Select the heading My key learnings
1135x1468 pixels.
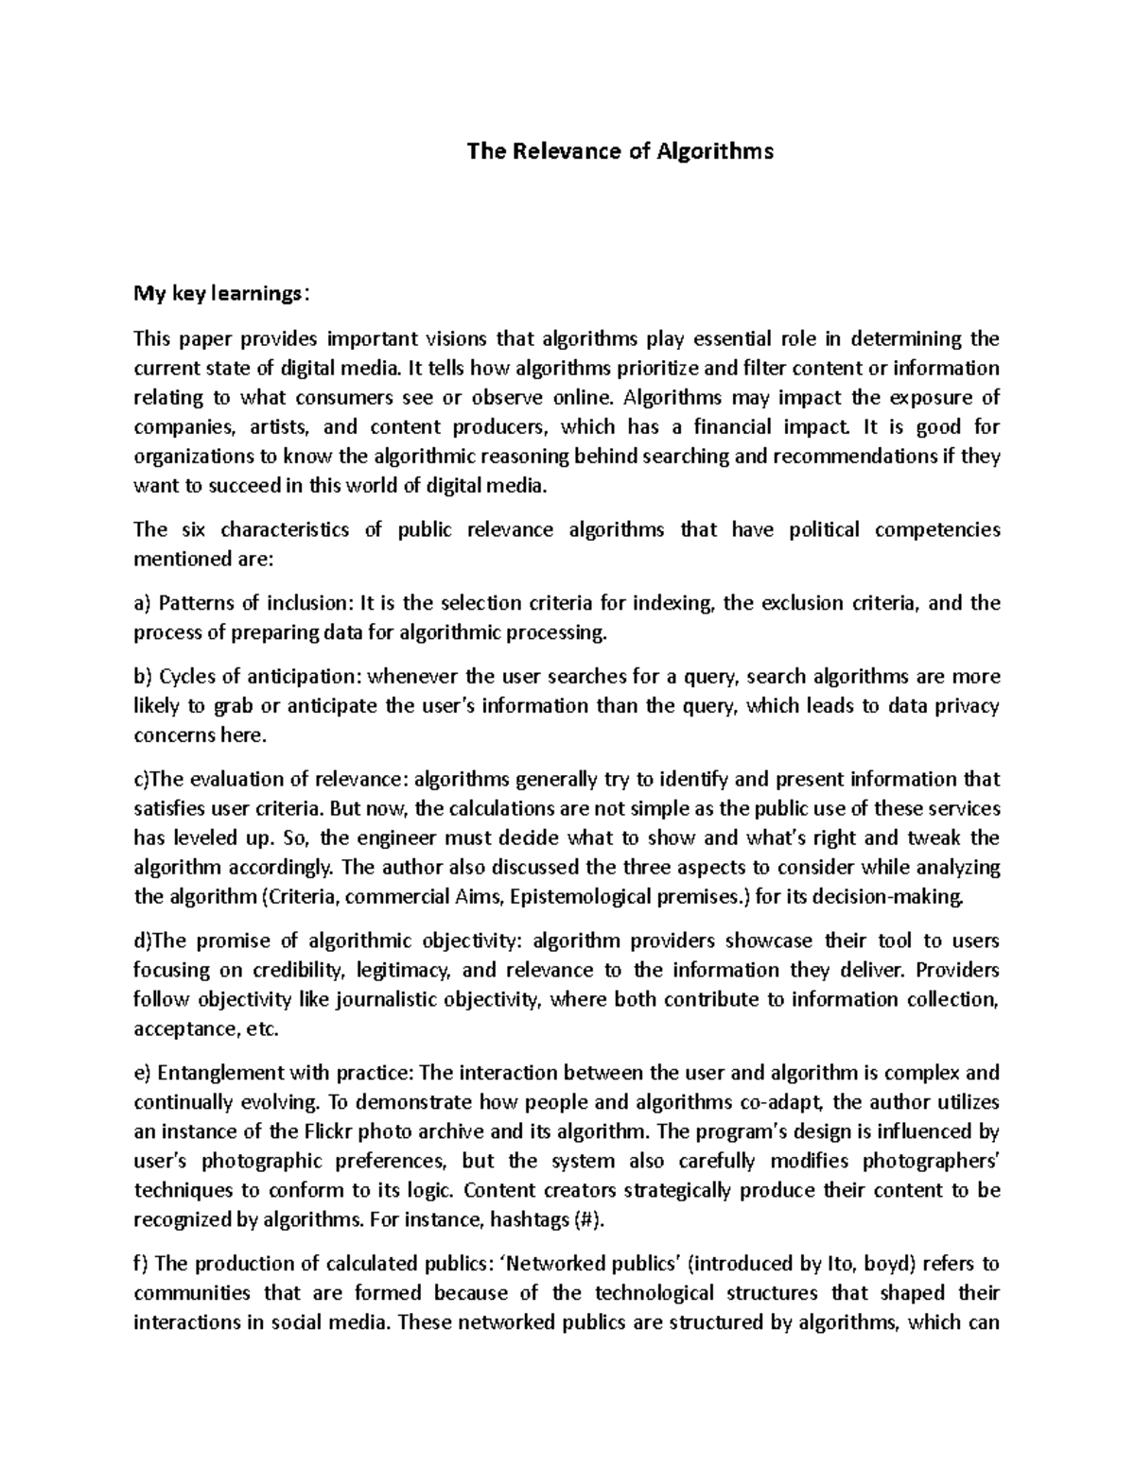coord(219,294)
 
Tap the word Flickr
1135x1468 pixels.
coord(332,1131)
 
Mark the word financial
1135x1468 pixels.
coord(727,426)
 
